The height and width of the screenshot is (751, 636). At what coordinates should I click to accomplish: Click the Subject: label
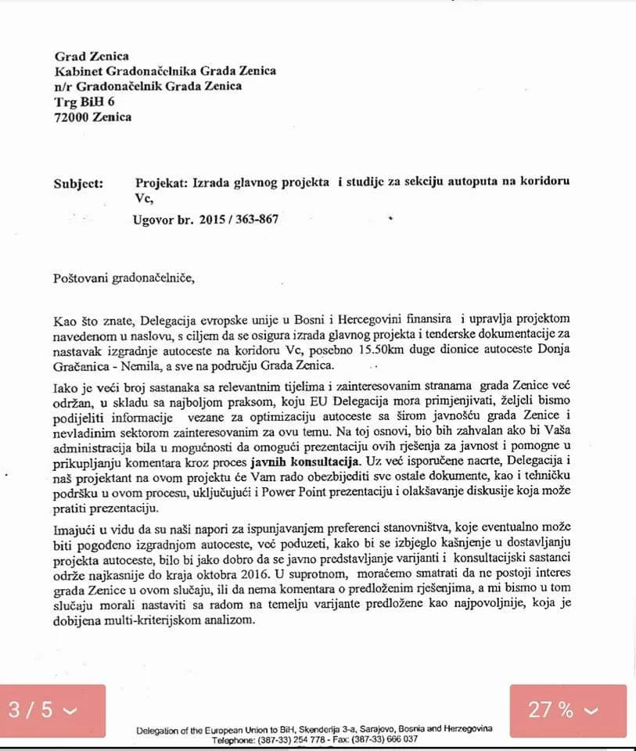78,183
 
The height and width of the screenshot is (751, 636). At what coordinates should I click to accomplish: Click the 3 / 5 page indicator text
31,710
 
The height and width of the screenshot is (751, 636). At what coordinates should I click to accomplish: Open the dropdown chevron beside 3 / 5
70,710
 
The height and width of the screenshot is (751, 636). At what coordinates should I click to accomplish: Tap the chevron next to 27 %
591,710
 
